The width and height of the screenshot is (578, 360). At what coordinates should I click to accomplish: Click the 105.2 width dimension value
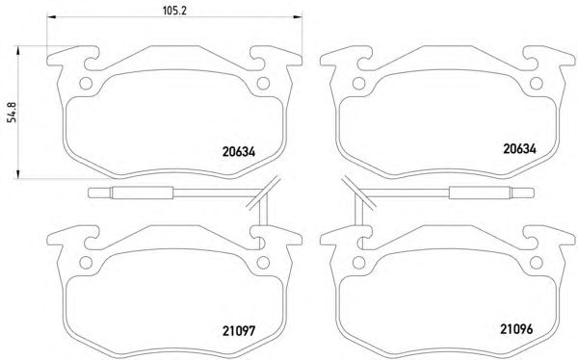pos(174,11)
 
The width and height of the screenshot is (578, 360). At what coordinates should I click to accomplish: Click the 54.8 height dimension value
pos(13,112)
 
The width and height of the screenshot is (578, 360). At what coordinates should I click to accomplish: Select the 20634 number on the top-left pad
pos(239,152)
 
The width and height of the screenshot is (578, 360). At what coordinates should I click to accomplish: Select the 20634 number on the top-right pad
pos(519,149)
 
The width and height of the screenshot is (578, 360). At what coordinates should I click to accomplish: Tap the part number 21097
pos(239,331)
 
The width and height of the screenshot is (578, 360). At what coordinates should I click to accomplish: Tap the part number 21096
pos(516,329)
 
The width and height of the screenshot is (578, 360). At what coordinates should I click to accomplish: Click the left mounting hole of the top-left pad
pos(86,84)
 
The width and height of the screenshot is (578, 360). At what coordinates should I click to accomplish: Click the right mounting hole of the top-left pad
pos(263,84)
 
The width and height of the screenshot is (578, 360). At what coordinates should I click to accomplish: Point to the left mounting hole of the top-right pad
pos(359,84)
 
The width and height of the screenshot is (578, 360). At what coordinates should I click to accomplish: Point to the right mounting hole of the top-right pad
pos(537,84)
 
